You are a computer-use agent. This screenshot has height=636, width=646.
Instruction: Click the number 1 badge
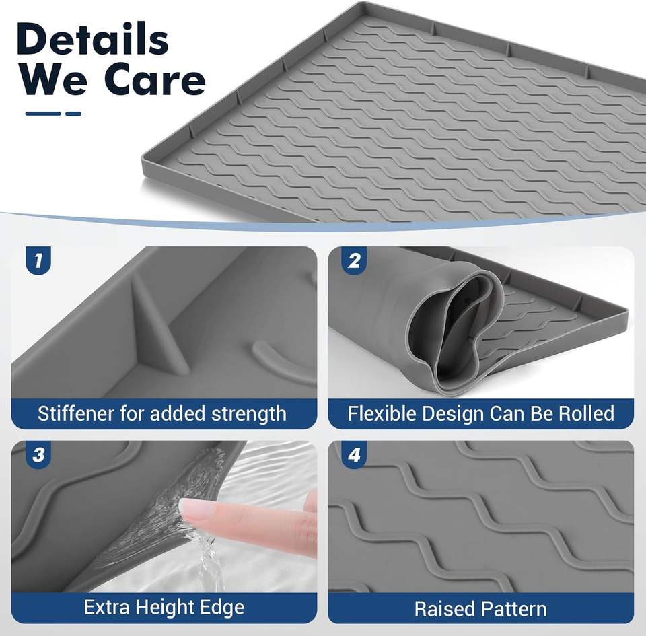[x=38, y=260]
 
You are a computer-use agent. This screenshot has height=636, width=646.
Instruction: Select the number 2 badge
[x=354, y=260]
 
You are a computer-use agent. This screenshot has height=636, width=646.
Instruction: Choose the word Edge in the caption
[x=222, y=608]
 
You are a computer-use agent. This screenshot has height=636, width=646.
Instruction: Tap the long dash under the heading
[x=43, y=114]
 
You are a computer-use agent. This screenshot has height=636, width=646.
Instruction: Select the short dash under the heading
[x=73, y=114]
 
